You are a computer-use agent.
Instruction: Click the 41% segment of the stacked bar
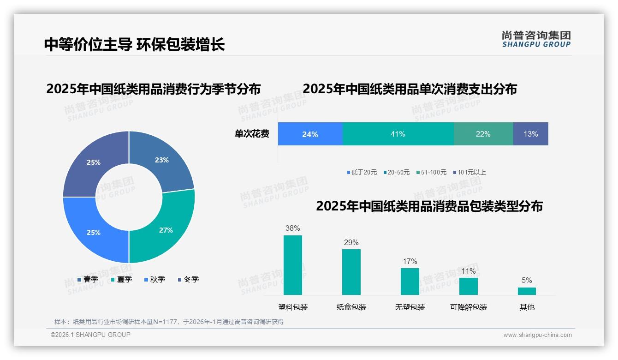[398, 134]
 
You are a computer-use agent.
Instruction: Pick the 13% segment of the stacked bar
[530, 134]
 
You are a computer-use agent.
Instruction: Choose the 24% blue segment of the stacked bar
[310, 134]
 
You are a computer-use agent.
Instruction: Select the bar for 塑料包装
[292, 265]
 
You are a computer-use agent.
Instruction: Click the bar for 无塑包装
[410, 281]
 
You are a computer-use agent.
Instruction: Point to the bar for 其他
[527, 291]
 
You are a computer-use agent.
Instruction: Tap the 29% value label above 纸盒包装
[351, 242]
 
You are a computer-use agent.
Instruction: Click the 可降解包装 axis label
[469, 307]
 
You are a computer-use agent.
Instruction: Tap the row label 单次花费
[252, 134]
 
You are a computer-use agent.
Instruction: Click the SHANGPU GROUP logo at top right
[536, 39]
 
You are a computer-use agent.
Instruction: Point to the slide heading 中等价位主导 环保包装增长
[134, 44]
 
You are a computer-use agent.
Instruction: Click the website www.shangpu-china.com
[537, 335]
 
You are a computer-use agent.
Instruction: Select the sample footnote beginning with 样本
[169, 322]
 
